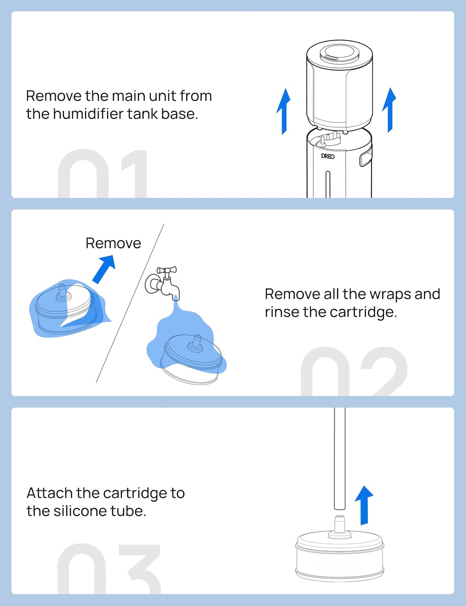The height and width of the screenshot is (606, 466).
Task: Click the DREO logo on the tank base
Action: click(x=328, y=156)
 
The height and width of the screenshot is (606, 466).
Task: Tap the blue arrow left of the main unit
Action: click(x=283, y=111)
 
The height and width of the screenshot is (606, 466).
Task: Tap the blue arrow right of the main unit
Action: click(x=389, y=110)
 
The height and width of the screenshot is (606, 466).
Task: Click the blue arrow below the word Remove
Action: click(x=103, y=269)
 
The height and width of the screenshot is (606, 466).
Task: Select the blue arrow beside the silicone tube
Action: click(x=364, y=505)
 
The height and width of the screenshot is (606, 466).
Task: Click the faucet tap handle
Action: click(x=167, y=270)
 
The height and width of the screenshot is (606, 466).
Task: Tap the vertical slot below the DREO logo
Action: click(x=328, y=184)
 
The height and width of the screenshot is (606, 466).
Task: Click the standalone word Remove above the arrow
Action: click(x=113, y=243)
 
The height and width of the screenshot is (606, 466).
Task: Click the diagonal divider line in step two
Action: click(x=130, y=303)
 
